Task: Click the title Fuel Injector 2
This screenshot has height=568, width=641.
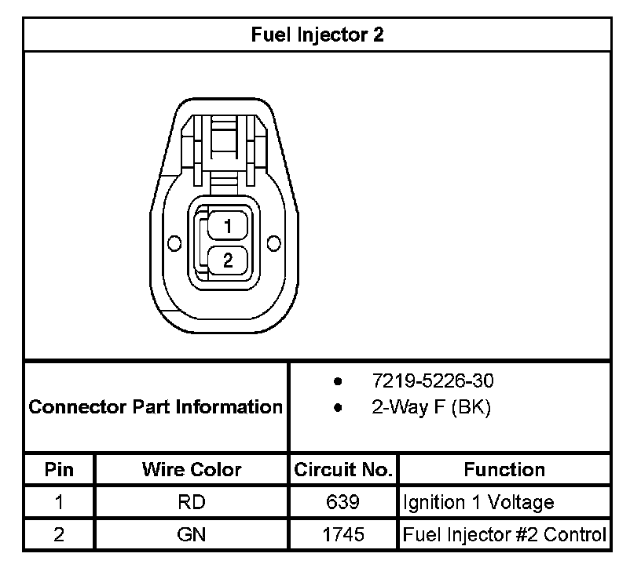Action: [317, 35]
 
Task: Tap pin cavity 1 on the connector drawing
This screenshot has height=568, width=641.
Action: [228, 226]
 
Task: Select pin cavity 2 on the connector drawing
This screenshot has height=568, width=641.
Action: [228, 260]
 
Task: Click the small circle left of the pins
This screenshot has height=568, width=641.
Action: [174, 243]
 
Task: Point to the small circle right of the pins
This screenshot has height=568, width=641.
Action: [273, 243]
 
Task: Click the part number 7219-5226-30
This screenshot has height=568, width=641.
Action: [433, 380]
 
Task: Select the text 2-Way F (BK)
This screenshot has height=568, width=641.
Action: [431, 407]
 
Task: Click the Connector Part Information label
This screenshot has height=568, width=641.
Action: [156, 406]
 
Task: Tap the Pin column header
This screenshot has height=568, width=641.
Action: [59, 470]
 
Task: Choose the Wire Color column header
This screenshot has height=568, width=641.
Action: [192, 470]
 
